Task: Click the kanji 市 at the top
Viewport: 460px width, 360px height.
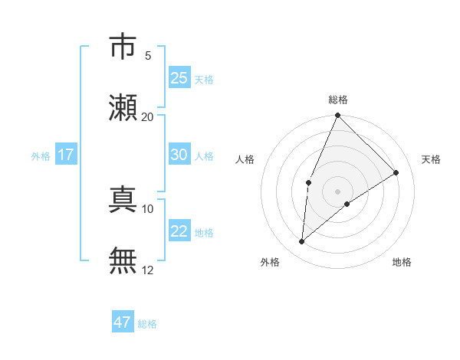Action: (x=123, y=47)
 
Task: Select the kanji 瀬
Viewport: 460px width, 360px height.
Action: (x=123, y=107)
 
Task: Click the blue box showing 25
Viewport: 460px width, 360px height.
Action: (x=179, y=78)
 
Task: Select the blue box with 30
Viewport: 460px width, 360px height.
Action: (x=179, y=155)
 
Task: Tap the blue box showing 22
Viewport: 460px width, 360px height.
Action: (x=179, y=231)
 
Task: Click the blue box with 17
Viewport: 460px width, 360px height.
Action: (x=65, y=155)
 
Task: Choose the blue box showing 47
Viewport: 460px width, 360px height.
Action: (x=123, y=322)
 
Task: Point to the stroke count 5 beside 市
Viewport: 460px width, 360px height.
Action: (x=148, y=55)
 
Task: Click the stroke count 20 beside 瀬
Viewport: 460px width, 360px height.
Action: (x=148, y=116)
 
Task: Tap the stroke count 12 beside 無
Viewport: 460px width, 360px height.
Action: (x=148, y=270)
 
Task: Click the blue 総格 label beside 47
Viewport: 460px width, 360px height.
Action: (x=147, y=324)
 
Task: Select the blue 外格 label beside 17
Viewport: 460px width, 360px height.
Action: (x=41, y=156)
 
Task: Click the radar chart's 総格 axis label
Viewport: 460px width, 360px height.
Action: (x=338, y=100)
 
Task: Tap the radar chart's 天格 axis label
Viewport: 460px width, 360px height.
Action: (x=431, y=159)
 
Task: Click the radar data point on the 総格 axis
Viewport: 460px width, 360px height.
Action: (x=338, y=116)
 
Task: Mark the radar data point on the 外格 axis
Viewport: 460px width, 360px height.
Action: (x=302, y=242)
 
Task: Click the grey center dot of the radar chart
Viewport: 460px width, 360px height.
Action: (x=338, y=191)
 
